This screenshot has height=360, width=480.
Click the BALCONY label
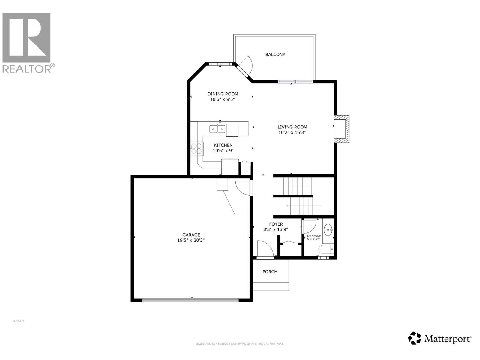click(275, 55)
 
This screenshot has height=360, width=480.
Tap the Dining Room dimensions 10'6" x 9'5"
click(222, 99)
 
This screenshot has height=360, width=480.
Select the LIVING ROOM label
click(292, 127)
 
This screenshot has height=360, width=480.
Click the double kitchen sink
click(217, 129)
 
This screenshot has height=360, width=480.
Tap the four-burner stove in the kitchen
click(197, 148)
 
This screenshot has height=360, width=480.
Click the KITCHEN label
click(223, 145)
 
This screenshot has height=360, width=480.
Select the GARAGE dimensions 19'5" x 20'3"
click(191, 240)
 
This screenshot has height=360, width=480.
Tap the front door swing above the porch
click(265, 248)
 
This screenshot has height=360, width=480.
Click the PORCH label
click(270, 272)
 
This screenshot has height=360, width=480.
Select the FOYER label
click(276, 224)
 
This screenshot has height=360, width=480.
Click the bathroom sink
click(328, 230)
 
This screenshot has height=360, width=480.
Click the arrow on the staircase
click(287, 206)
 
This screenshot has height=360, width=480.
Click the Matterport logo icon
click(415, 338)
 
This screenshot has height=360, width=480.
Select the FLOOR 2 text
click(18, 321)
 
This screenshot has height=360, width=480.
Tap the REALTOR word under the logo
click(27, 69)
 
